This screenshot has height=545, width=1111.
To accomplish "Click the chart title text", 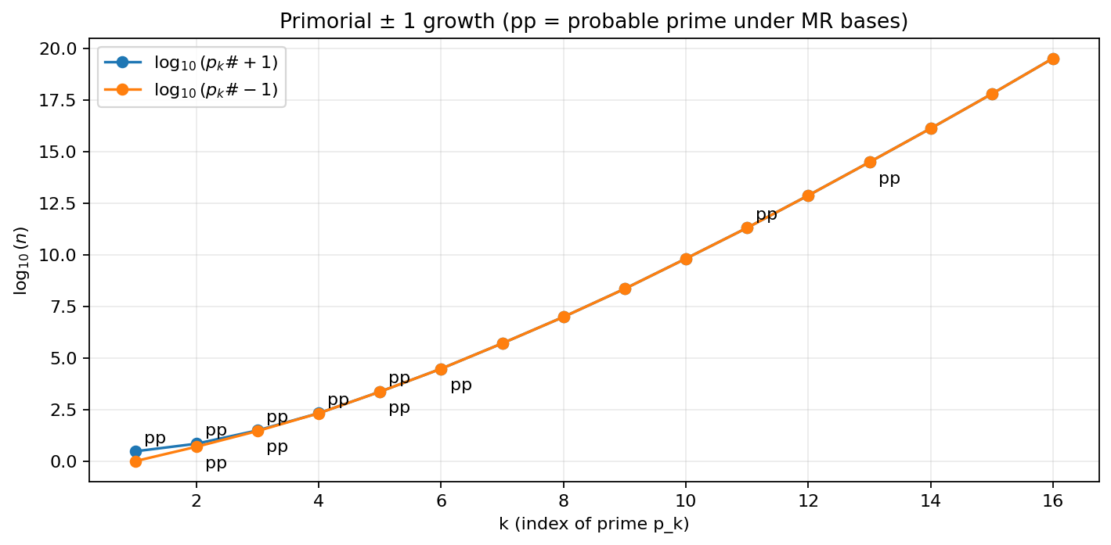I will point(593,21).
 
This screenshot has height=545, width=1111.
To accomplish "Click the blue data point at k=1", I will point(135,451).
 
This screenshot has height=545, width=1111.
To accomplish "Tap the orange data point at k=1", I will point(135,461).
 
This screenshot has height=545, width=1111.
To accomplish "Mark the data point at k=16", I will point(1053,59).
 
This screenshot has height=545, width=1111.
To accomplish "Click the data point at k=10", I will point(686,259).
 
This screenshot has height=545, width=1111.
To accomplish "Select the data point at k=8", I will point(564,317).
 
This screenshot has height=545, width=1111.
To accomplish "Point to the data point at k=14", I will point(931,128).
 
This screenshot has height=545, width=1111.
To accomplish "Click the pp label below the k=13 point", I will point(889,179).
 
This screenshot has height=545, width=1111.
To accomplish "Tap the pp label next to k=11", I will point(767,214).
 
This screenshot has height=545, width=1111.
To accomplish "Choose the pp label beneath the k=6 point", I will point(461,385).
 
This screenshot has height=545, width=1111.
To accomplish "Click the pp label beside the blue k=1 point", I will point(155,439).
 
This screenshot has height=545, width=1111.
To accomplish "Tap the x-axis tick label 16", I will point(1053,500).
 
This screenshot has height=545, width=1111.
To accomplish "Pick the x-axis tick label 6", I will point(441,500).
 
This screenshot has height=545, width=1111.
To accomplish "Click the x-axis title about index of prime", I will point(593,524).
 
